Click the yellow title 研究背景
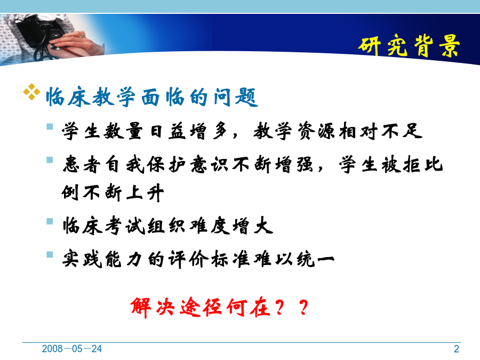(x=409, y=46)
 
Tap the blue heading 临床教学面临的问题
(x=152, y=97)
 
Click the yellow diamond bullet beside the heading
(x=31, y=92)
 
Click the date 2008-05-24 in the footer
(x=71, y=349)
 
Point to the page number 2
(x=457, y=349)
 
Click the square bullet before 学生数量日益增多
(x=50, y=126)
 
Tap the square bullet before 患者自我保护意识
(x=50, y=160)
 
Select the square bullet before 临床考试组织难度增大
(x=50, y=221)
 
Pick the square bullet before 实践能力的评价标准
(x=50, y=254)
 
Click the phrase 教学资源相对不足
(x=338, y=131)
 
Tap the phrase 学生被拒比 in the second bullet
(x=391, y=164)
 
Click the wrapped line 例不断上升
(x=113, y=193)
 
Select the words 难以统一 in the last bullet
(x=294, y=259)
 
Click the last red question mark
(x=303, y=307)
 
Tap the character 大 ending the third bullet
(x=263, y=226)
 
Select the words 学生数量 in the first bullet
(x=102, y=131)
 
